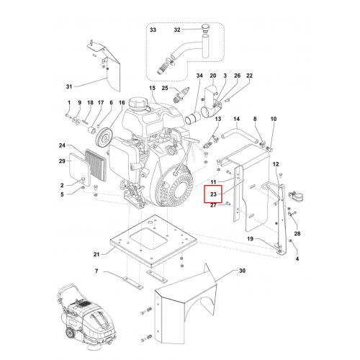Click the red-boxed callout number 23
pos(213,194)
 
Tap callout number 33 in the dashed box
pos(153,30)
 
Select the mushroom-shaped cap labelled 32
pos(204,27)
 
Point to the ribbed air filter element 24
pos(96,165)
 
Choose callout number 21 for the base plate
pos(96,254)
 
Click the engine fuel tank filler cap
pos(135,103)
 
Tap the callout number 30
pos(242,271)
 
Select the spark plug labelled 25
pos(181,95)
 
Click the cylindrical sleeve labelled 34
pos(193,118)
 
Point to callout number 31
pos(69,86)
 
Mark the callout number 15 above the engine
pos(152,88)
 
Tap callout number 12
pos(276,164)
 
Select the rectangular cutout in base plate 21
pos(148,238)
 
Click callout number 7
pos(96,271)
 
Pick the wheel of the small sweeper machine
pos(70,334)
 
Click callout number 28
pos(297,233)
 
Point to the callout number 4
pos(297,258)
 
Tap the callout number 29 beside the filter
pos(62,161)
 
